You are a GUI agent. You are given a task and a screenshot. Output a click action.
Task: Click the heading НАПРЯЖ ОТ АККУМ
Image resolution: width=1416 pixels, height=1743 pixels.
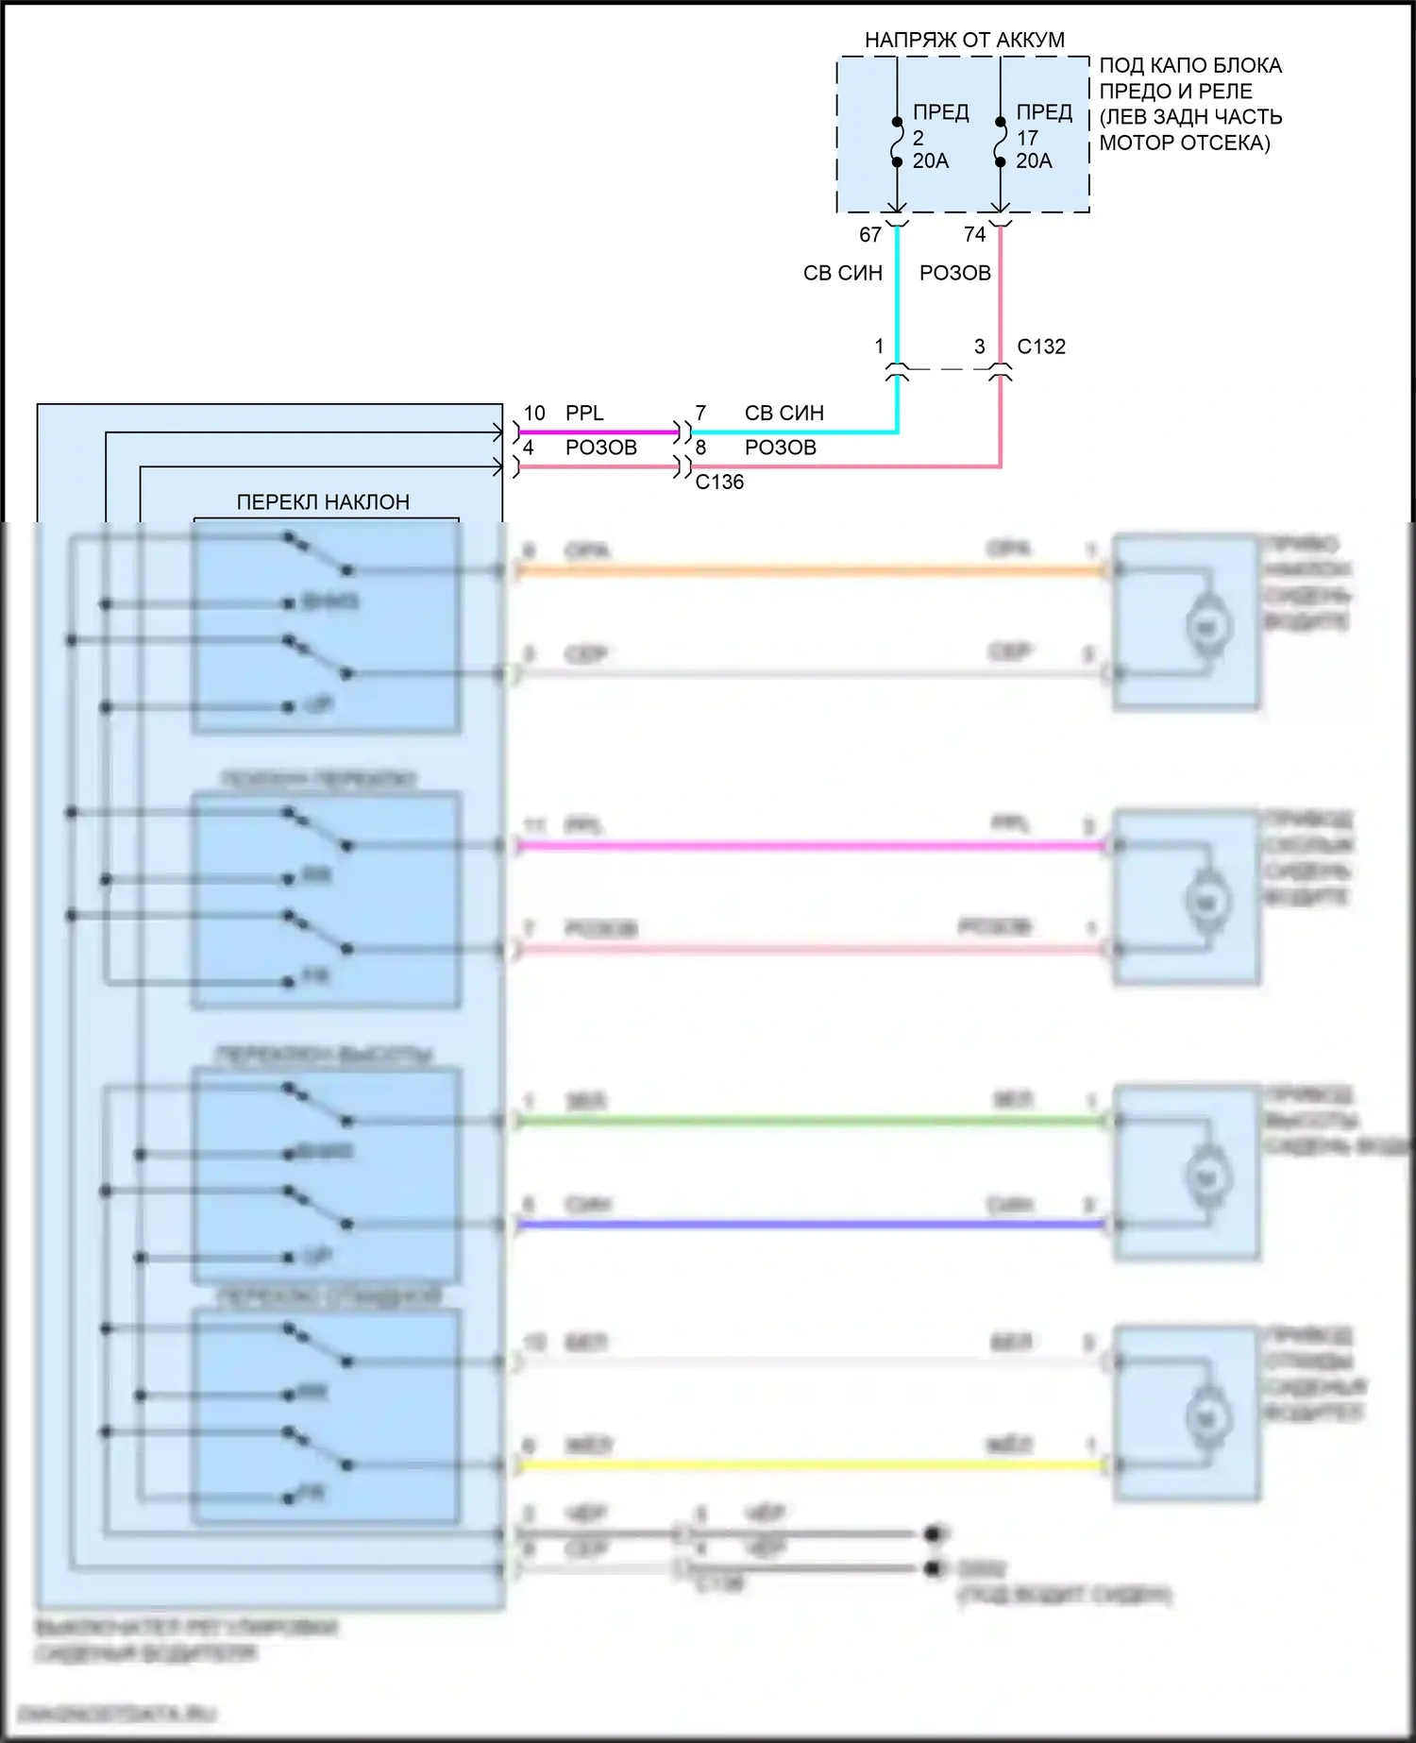tap(964, 40)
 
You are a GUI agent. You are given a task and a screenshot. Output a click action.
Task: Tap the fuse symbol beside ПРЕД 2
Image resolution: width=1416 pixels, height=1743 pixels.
tap(897, 142)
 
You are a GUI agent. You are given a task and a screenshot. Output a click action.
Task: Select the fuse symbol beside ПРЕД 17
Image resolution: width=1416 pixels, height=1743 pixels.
tap(1001, 142)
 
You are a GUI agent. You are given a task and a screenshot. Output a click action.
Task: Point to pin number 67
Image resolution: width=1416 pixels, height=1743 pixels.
tap(870, 234)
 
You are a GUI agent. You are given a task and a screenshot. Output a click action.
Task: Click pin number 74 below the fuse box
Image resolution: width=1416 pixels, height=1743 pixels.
tap(974, 234)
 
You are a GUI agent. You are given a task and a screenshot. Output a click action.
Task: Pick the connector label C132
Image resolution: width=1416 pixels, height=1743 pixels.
tap(1041, 347)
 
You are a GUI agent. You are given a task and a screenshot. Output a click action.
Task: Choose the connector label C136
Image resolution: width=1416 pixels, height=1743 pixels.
tap(719, 482)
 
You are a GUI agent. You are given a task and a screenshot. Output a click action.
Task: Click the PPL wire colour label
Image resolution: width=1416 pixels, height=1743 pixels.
tap(584, 413)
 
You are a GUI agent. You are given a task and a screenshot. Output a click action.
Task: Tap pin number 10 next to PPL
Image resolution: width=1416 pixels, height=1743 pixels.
tap(534, 413)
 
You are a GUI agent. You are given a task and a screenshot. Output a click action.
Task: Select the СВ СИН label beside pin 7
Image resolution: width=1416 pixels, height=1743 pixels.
tap(784, 413)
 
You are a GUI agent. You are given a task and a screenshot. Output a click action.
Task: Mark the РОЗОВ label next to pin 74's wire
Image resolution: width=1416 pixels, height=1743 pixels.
tap(954, 273)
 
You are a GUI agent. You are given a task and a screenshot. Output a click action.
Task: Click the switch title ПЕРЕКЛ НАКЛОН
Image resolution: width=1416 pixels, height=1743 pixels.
tap(323, 501)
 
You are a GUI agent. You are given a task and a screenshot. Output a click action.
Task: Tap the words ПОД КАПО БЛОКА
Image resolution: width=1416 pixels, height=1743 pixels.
tap(1190, 65)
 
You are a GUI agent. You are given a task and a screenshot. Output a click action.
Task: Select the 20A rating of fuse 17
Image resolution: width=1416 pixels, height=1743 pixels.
tap(1034, 161)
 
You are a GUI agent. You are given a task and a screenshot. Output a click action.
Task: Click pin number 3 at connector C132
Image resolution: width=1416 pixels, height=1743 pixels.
tap(980, 347)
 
